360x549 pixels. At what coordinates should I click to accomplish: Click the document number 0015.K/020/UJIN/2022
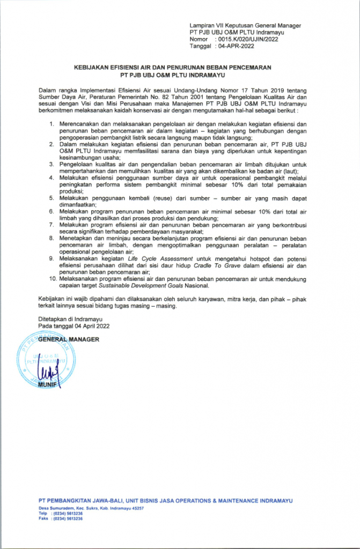tap(246, 40)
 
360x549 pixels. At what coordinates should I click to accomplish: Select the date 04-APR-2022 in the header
tap(234, 47)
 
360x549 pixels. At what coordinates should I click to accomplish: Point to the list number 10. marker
tap(49, 279)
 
